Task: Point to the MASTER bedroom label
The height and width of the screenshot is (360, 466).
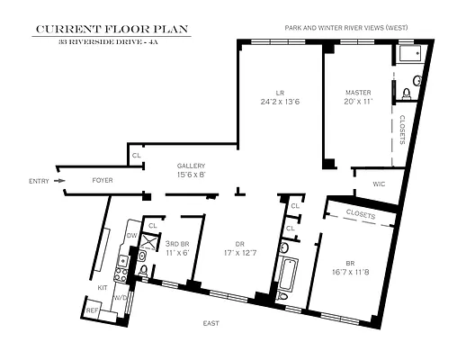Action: (x=359, y=92)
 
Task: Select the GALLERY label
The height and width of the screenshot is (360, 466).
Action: (x=191, y=166)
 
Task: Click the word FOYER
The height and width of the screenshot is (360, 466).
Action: (x=103, y=181)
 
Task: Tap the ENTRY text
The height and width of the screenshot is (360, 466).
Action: (x=39, y=181)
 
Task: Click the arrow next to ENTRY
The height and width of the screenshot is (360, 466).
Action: (x=59, y=181)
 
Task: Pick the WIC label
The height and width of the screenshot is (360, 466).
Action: (x=379, y=185)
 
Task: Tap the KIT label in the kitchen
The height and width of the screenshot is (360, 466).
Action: (x=102, y=288)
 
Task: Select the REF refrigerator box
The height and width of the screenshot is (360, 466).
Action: (x=93, y=310)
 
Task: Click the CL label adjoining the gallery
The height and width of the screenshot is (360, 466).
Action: (x=137, y=156)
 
